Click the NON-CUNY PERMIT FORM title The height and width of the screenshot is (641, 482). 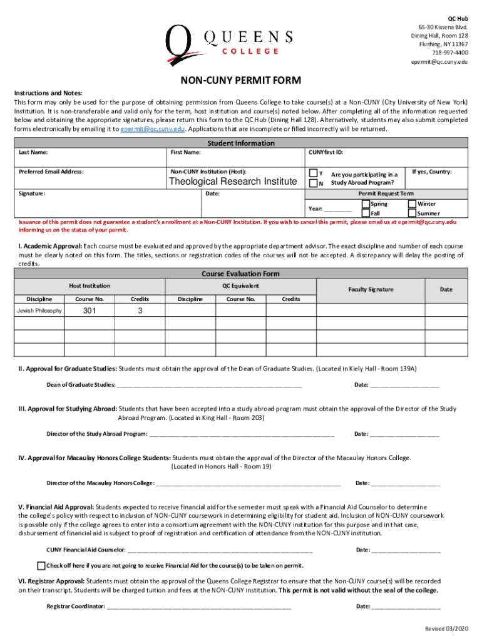(x=241, y=81)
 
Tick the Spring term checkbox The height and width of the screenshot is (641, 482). (x=366, y=203)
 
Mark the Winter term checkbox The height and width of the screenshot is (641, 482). (x=412, y=203)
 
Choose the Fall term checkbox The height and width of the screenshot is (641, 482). (x=366, y=213)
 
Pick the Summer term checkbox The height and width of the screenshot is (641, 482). (x=412, y=213)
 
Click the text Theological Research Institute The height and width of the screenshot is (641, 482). (x=233, y=182)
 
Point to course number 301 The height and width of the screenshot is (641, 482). (x=90, y=311)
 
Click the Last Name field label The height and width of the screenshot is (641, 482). (x=34, y=152)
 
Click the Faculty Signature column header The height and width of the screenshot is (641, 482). (x=371, y=289)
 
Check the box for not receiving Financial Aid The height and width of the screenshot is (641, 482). (x=42, y=565)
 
